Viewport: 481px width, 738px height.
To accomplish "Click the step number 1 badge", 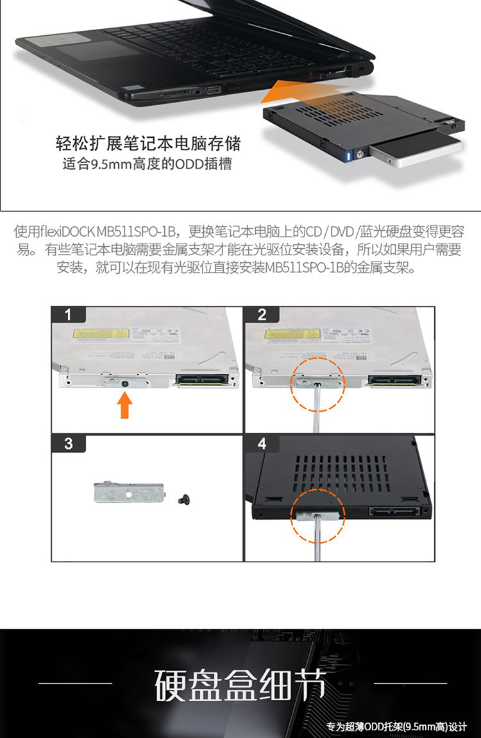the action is tap(69, 314).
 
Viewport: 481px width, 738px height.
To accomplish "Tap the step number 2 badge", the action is tap(262, 314).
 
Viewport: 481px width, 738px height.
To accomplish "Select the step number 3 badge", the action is tap(69, 443).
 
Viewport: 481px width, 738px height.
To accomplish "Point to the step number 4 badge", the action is tap(262, 443).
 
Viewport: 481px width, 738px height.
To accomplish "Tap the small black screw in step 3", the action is tap(183, 499).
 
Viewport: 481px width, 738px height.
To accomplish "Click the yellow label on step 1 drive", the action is tap(101, 333).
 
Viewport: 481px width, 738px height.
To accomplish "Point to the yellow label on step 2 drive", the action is tap(292, 333).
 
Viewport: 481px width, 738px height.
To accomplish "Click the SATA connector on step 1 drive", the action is tap(203, 380).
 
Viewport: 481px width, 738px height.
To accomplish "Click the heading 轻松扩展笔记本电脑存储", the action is tap(148, 143).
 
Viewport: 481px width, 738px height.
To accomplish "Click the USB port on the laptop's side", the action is tap(213, 90).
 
